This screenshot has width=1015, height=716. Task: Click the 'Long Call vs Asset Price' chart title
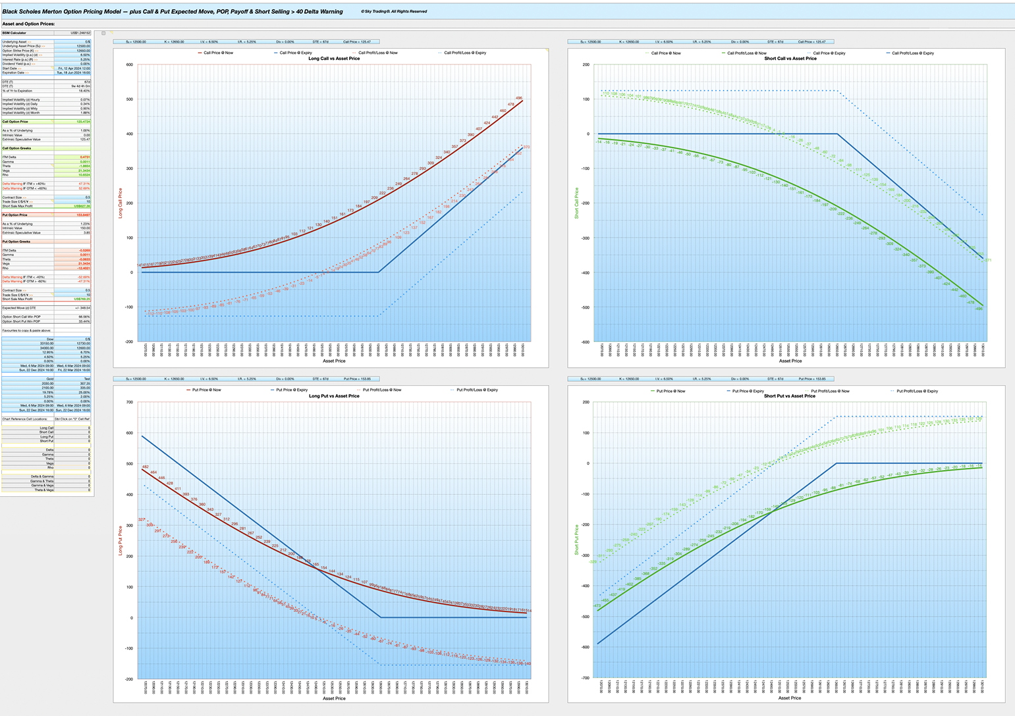[334, 59]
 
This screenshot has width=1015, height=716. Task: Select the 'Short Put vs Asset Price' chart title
[790, 396]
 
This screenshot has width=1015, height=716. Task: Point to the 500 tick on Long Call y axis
[130, 99]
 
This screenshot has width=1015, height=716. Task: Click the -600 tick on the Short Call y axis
[584, 342]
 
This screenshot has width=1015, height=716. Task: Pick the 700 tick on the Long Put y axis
[130, 402]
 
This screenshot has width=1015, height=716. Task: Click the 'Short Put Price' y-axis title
[576, 540]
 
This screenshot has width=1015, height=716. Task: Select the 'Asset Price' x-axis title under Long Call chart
[334, 361]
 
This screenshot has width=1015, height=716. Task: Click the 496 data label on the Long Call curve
[519, 98]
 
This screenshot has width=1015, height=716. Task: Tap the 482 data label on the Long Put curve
[145, 467]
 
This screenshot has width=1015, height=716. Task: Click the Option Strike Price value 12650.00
[83, 51]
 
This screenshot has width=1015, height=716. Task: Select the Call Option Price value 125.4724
[83, 122]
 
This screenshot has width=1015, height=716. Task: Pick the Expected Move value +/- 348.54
[83, 307]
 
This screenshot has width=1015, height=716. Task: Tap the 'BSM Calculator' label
[14, 32]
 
